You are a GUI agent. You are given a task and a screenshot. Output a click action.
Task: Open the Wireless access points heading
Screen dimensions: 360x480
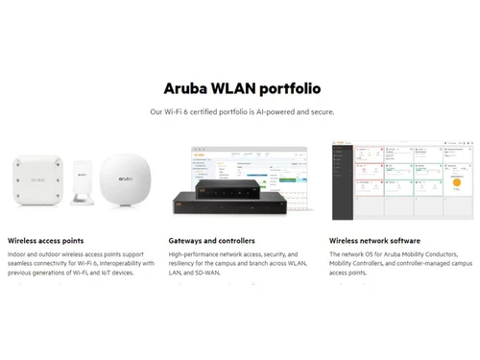(45, 241)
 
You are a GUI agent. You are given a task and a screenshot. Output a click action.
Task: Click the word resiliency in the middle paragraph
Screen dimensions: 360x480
(188, 263)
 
